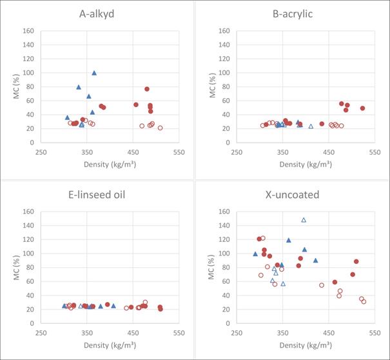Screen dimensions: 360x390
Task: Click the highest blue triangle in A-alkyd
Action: pyautogui.click(x=94, y=73)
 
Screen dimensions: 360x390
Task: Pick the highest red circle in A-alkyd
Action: pyautogui.click(x=147, y=89)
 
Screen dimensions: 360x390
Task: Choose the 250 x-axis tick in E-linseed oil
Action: pyautogui.click(x=41, y=333)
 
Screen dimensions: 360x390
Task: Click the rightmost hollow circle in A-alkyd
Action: pyautogui.click(x=160, y=128)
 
